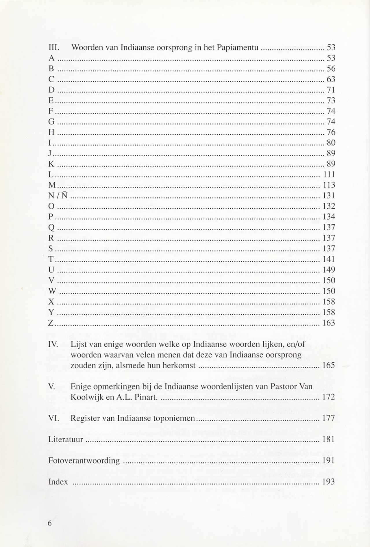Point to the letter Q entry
[51, 228]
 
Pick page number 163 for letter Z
[328, 323]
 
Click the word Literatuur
[66, 440]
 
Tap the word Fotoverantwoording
[84, 461]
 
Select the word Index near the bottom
[58, 482]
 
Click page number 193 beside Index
[328, 482]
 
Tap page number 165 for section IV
[328, 365]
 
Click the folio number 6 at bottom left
[50, 524]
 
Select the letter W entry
[52, 291]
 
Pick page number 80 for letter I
[331, 143]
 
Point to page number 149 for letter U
[328, 270]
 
